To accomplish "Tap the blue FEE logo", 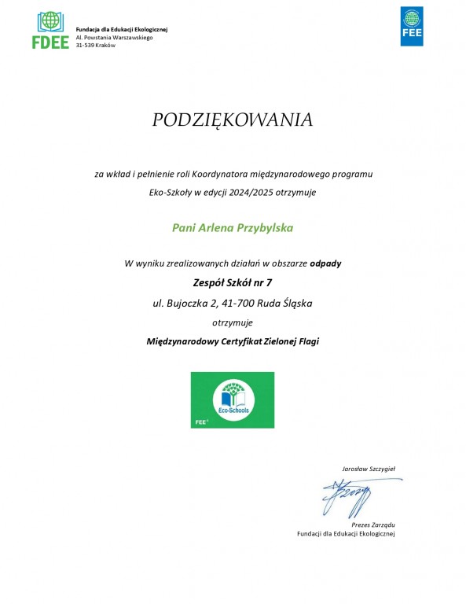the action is pyautogui.click(x=412, y=27).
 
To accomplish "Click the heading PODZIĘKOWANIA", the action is pyautogui.click(x=233, y=120).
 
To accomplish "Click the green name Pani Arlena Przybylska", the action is pyautogui.click(x=232, y=227).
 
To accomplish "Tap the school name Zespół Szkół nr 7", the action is pyautogui.click(x=233, y=282).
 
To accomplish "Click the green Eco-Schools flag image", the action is pyautogui.click(x=233, y=400).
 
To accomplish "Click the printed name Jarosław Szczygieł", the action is pyautogui.click(x=368, y=469).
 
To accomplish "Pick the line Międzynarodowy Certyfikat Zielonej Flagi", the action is pyautogui.click(x=233, y=341).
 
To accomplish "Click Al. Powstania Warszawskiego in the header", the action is pyautogui.click(x=114, y=37).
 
